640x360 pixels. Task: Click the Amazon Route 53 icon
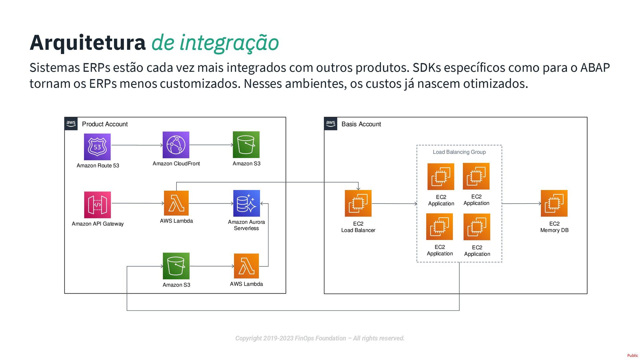click(x=97, y=147)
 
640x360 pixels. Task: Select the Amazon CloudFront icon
click(x=176, y=145)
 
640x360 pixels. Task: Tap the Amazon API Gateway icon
click(x=97, y=205)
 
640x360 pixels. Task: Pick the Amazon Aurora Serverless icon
click(x=246, y=203)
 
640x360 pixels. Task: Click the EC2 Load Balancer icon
click(x=358, y=203)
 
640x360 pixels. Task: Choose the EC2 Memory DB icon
click(x=554, y=203)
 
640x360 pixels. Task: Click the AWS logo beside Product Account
click(x=71, y=124)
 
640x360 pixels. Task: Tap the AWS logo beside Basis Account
click(x=331, y=124)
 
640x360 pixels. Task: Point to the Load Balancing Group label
click(x=459, y=152)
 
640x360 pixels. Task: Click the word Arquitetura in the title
click(x=88, y=43)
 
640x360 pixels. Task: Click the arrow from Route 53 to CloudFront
click(x=137, y=145)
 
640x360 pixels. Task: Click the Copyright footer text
click(x=320, y=338)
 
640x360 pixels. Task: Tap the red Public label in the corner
click(x=632, y=356)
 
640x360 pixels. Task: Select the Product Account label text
click(x=105, y=124)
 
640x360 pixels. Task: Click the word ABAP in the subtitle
click(x=595, y=68)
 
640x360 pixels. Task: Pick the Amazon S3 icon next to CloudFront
click(x=246, y=145)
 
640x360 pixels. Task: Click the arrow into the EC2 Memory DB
click(x=521, y=203)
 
